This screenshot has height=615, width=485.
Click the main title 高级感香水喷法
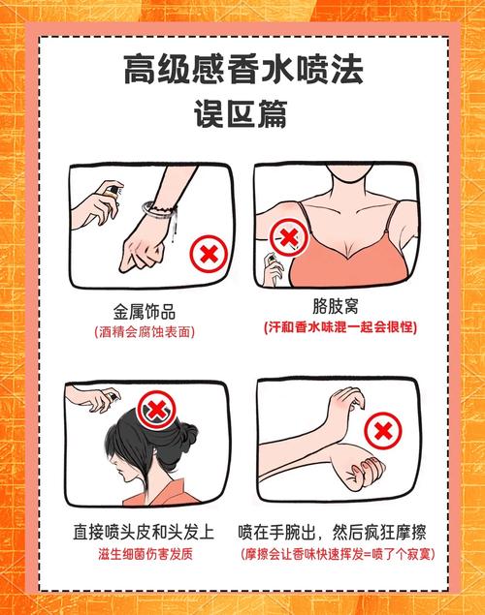[242, 70]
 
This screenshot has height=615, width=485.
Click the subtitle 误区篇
[242, 113]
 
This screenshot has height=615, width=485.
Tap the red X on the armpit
[285, 234]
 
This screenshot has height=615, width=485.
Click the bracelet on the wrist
[155, 208]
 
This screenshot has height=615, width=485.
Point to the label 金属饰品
[146, 311]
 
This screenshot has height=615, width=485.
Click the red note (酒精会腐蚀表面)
[146, 331]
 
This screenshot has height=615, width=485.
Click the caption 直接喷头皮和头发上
[146, 533]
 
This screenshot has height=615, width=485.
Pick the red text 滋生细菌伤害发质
[146, 555]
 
